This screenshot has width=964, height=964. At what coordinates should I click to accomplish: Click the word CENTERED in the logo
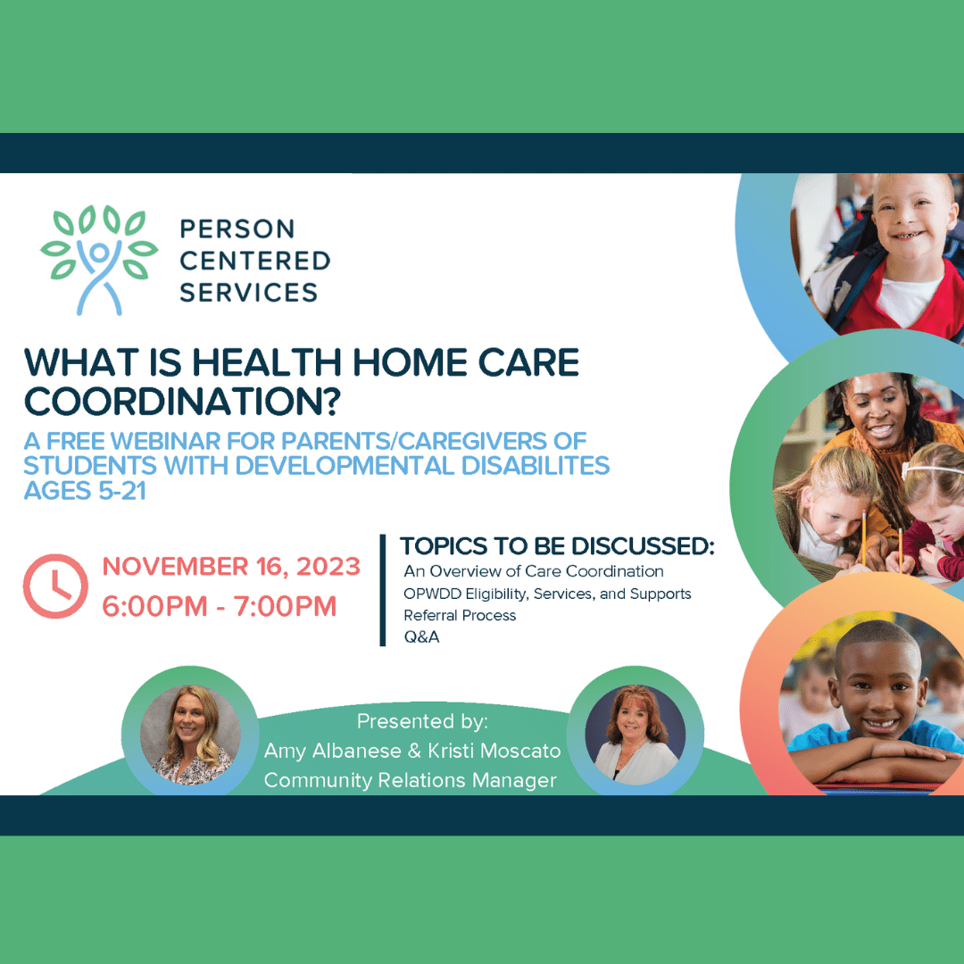(x=255, y=261)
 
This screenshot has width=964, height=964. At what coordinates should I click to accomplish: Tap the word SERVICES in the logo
(x=248, y=292)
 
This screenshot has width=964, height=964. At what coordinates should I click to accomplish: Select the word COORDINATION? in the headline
(x=182, y=401)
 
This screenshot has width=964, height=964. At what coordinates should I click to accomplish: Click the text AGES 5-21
(x=85, y=491)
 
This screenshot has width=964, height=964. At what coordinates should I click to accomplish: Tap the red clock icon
(x=55, y=586)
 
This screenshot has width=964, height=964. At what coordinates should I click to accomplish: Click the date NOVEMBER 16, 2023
(x=231, y=566)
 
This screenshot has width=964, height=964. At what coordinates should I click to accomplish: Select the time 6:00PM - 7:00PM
(x=220, y=606)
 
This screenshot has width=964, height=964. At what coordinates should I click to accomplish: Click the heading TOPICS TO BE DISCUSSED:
(x=557, y=546)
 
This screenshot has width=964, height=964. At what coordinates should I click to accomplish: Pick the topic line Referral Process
(x=460, y=615)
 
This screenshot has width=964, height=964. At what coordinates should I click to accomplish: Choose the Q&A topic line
(x=421, y=637)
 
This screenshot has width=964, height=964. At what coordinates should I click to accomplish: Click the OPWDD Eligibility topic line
(x=547, y=594)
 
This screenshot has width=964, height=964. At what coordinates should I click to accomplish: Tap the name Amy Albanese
(x=333, y=751)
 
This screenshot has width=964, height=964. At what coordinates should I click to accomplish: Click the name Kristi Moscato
(x=494, y=751)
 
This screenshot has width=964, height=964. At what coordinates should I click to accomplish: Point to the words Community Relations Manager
(x=410, y=780)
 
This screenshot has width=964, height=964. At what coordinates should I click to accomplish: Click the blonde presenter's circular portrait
(x=191, y=734)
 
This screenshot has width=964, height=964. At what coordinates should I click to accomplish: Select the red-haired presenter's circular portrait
(x=636, y=734)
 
